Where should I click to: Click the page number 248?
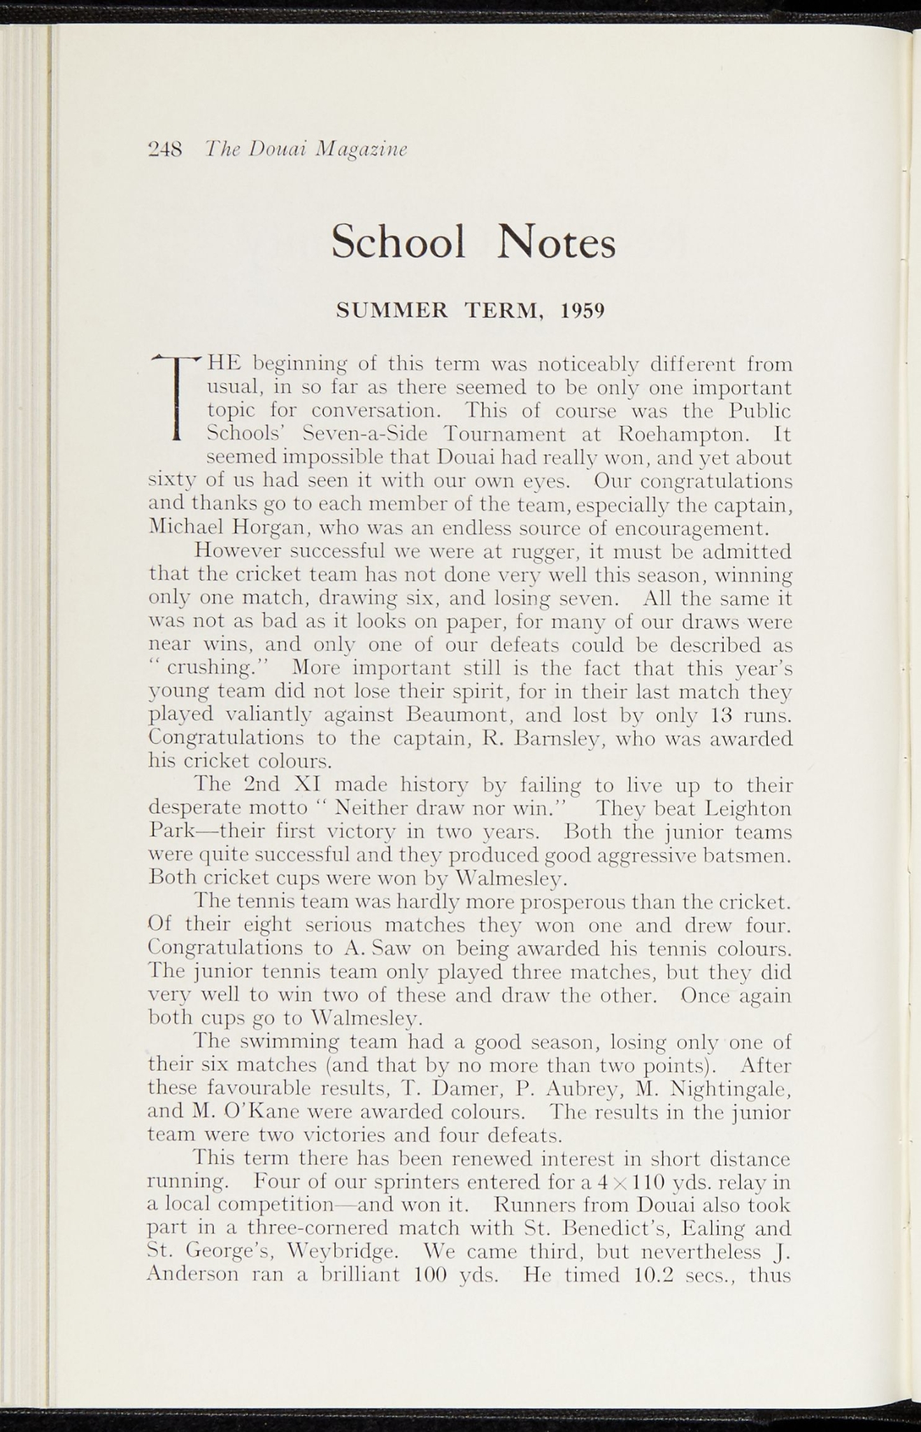point(166,149)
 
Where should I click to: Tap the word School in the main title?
point(399,242)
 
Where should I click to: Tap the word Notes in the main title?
point(557,242)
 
